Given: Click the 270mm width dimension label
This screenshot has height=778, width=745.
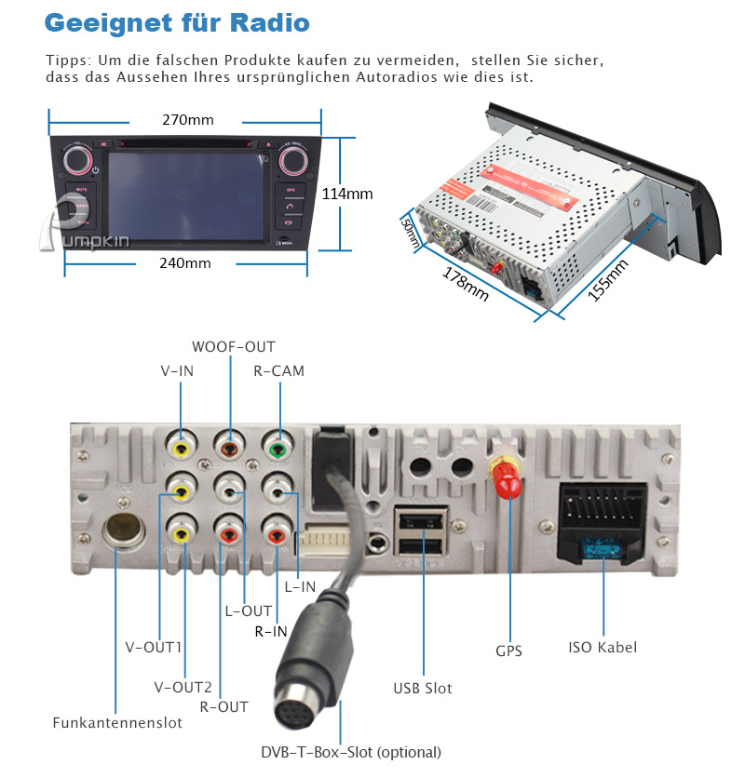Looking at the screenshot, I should (x=188, y=120).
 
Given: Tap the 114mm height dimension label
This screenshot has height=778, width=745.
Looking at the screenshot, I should (x=346, y=194).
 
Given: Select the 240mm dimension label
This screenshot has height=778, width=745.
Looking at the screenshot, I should (x=184, y=262).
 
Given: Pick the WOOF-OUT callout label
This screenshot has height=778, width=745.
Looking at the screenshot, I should (x=234, y=347).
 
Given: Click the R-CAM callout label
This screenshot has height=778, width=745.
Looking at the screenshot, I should (x=279, y=371).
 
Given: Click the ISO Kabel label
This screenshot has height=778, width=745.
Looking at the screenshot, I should (x=603, y=647).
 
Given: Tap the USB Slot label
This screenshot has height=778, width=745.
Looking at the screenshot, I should (x=423, y=689).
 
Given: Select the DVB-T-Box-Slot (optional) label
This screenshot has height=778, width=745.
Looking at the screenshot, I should (x=351, y=752).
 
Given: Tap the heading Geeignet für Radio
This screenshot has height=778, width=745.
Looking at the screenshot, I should (x=177, y=23).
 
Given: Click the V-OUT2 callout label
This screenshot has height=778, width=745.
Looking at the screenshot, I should (x=183, y=688).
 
